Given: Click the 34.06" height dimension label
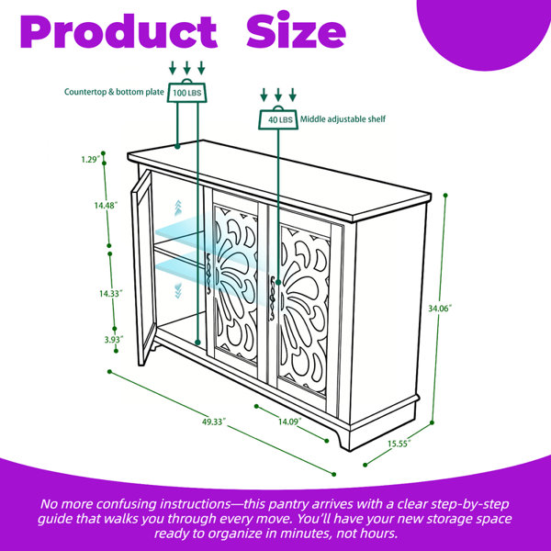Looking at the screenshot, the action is [x=439, y=309].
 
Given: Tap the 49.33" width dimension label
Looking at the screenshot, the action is [x=214, y=422].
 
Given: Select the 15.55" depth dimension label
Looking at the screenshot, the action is [x=399, y=444].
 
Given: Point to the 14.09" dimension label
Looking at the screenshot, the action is [x=290, y=422].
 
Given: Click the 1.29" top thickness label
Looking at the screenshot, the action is [x=91, y=160].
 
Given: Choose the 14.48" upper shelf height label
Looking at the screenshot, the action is [x=106, y=205].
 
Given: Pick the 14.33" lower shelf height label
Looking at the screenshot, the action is [x=111, y=293].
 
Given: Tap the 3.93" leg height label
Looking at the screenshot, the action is [x=114, y=340].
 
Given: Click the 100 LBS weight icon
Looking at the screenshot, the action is [x=187, y=91].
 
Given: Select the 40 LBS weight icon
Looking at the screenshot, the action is [x=278, y=118].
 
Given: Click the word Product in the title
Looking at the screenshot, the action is [x=118, y=31].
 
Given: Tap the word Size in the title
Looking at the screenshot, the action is [x=297, y=30].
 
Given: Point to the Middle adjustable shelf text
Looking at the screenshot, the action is [x=343, y=119].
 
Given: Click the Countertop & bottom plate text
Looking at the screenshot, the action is [x=114, y=92].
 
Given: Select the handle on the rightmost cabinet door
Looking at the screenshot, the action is [x=272, y=298].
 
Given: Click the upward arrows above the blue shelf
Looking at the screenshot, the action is [x=178, y=208].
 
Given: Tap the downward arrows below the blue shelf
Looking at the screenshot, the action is [x=178, y=290].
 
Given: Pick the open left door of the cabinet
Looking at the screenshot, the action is [x=142, y=267].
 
